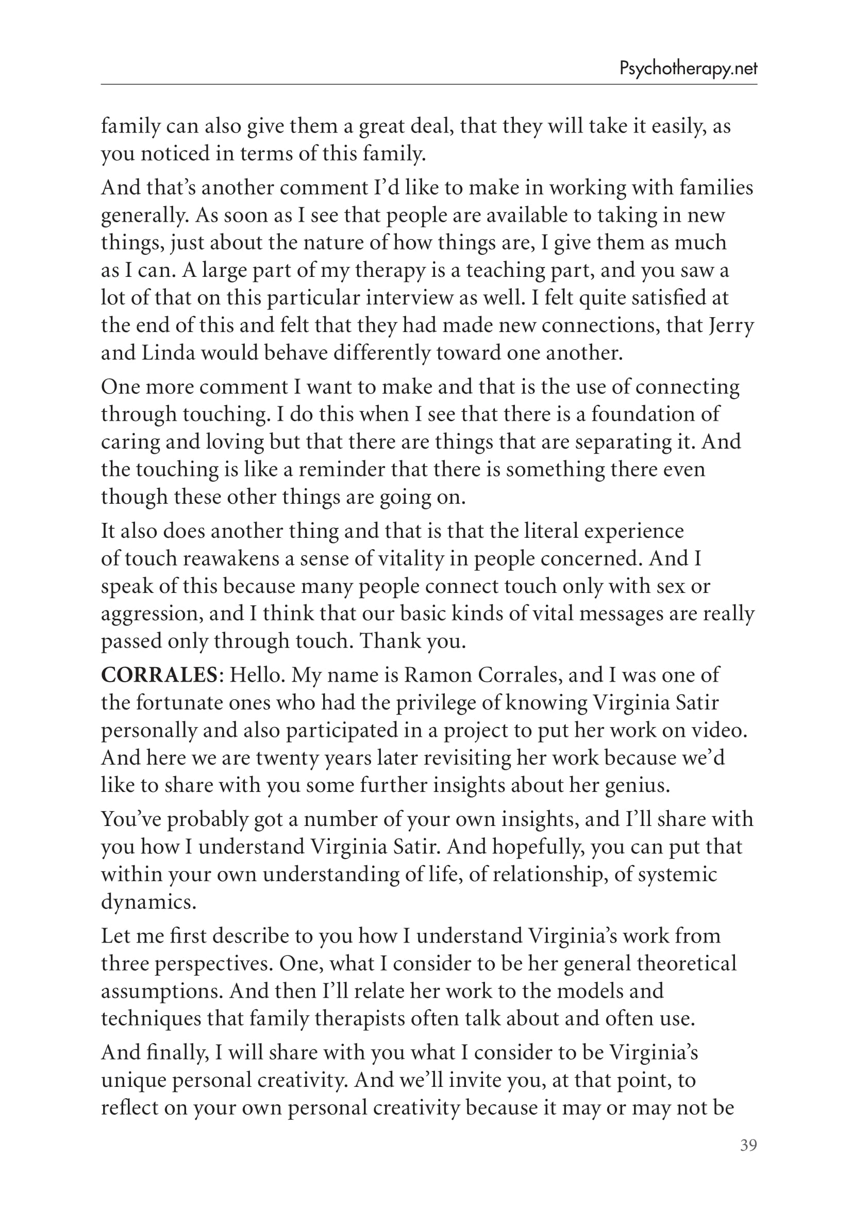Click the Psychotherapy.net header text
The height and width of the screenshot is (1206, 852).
coord(688,69)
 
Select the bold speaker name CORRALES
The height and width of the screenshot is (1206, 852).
coord(159,675)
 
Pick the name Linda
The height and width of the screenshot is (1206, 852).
coord(169,353)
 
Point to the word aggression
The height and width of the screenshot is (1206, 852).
coord(151,614)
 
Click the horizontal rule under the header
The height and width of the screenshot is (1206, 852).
coord(429,84)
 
